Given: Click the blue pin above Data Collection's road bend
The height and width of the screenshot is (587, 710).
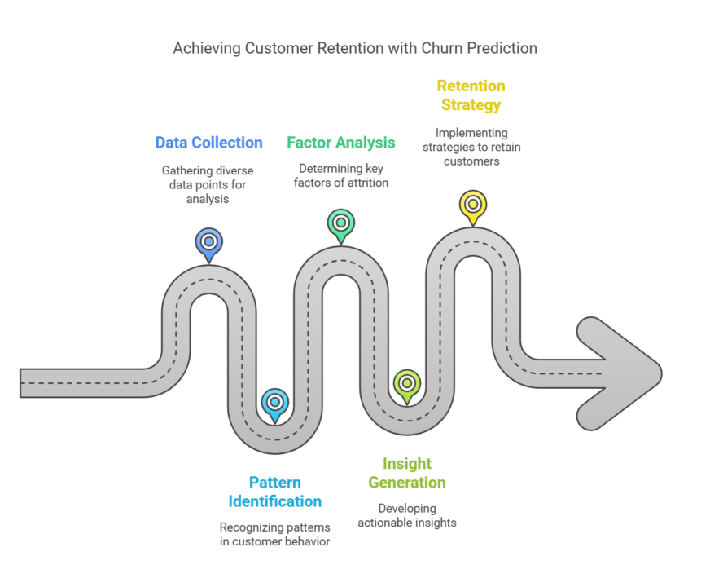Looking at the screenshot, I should (x=209, y=243).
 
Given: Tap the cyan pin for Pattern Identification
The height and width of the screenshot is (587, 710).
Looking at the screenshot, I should (x=275, y=403).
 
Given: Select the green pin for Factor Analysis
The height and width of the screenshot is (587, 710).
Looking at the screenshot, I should (x=341, y=223).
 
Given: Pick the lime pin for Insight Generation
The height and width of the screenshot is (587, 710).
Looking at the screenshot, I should (x=406, y=383).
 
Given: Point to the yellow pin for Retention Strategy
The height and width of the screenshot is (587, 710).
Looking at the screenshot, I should (x=472, y=205).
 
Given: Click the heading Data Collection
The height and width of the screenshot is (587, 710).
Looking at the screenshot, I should (x=208, y=143).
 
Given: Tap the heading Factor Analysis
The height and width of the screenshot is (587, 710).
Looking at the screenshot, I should (x=341, y=143).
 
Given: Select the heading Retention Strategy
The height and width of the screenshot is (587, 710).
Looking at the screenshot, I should (x=471, y=95).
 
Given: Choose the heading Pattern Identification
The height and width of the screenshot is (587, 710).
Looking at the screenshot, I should (x=275, y=492).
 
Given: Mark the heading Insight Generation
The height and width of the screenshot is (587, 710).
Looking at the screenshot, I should (x=406, y=473).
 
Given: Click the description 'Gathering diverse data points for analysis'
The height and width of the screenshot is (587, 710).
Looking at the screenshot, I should (x=208, y=185).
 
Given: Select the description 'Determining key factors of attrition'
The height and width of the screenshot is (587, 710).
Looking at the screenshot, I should (x=341, y=176).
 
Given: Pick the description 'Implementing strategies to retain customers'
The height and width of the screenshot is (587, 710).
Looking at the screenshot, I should (x=471, y=147).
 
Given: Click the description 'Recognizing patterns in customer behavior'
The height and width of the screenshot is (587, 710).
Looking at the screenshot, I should (x=275, y=534).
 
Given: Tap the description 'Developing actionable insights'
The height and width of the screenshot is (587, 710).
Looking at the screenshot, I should (x=406, y=516).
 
